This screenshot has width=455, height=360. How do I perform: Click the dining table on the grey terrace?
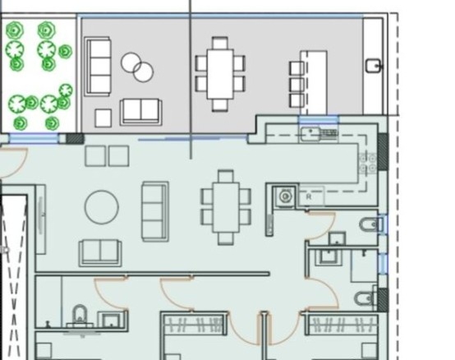(x=220, y=74)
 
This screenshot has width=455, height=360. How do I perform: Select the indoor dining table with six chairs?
(x=226, y=207)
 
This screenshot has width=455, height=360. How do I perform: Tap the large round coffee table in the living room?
(x=102, y=207)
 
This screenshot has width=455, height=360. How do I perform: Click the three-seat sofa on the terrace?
(x=98, y=67)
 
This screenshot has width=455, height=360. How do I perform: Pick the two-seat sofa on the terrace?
(x=141, y=112)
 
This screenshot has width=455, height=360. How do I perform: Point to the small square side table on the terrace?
(x=103, y=118)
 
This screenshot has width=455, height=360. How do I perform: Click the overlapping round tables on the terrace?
(x=137, y=67)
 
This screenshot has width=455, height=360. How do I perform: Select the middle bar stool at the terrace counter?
(x=296, y=84)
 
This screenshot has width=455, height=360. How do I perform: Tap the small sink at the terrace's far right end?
(x=373, y=66)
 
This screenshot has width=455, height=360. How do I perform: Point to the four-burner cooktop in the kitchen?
(x=368, y=164)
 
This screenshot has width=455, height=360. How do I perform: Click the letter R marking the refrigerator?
(x=309, y=196)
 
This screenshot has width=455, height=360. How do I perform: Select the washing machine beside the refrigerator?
(x=285, y=196)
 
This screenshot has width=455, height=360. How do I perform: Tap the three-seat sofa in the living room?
(x=155, y=212)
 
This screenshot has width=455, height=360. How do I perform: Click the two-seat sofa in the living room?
(x=100, y=253)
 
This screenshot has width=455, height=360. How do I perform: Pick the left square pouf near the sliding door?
(x=95, y=156)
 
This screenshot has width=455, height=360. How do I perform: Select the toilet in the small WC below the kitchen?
(x=369, y=224)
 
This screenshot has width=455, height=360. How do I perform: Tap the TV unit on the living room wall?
(x=41, y=219)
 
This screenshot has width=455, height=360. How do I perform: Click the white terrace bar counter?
(x=314, y=83)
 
